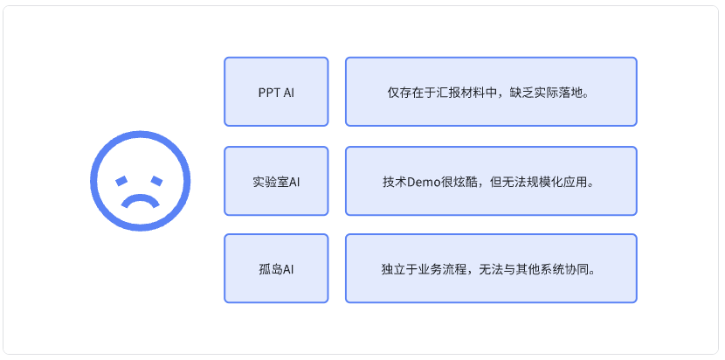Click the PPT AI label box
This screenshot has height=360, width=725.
point(276,92)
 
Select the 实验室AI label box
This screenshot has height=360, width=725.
point(276,181)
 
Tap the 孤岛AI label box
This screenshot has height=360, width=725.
point(276,268)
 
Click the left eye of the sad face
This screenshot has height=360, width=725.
point(121,181)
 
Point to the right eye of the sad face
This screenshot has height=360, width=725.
point(156,181)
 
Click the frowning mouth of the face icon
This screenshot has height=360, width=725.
point(140,201)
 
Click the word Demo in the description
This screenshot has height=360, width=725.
point(420,182)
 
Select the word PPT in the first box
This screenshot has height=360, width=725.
point(269,93)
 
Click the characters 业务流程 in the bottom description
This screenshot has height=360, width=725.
point(442,269)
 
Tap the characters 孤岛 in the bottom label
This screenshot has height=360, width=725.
point(271,269)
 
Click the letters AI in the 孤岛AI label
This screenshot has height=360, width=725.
point(288,269)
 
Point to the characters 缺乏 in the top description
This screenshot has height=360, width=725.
point(521,93)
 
